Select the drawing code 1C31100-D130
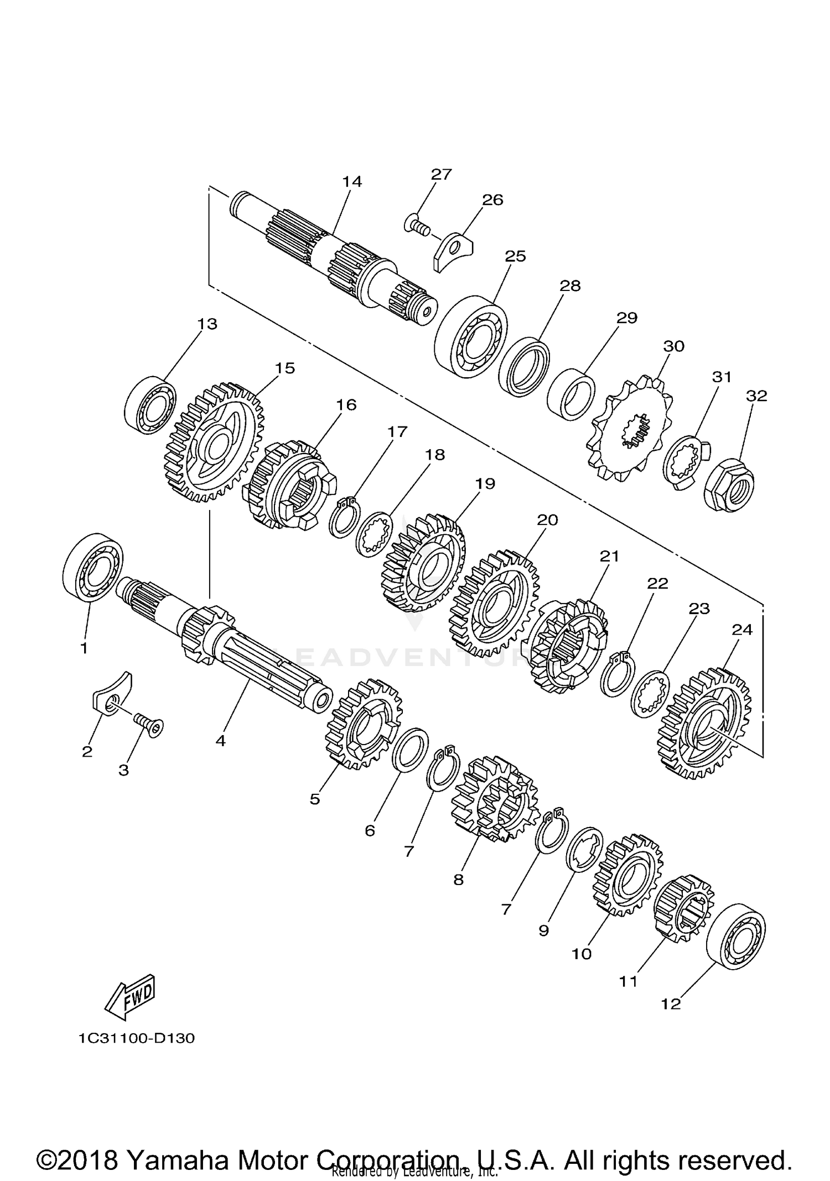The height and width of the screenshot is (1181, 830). [136, 1038]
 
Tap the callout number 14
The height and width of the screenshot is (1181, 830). [352, 182]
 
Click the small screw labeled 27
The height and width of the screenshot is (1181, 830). [419, 226]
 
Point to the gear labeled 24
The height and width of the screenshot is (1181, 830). [705, 724]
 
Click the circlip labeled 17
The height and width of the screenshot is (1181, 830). [344, 517]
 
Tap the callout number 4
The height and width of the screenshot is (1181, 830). [221, 741]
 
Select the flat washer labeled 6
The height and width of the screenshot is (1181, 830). [409, 750]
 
